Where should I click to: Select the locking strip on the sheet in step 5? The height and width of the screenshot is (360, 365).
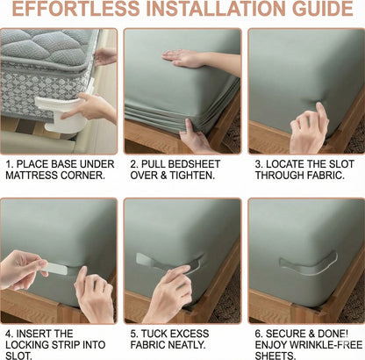(161, 261)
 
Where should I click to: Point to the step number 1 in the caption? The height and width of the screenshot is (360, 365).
(8, 163)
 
